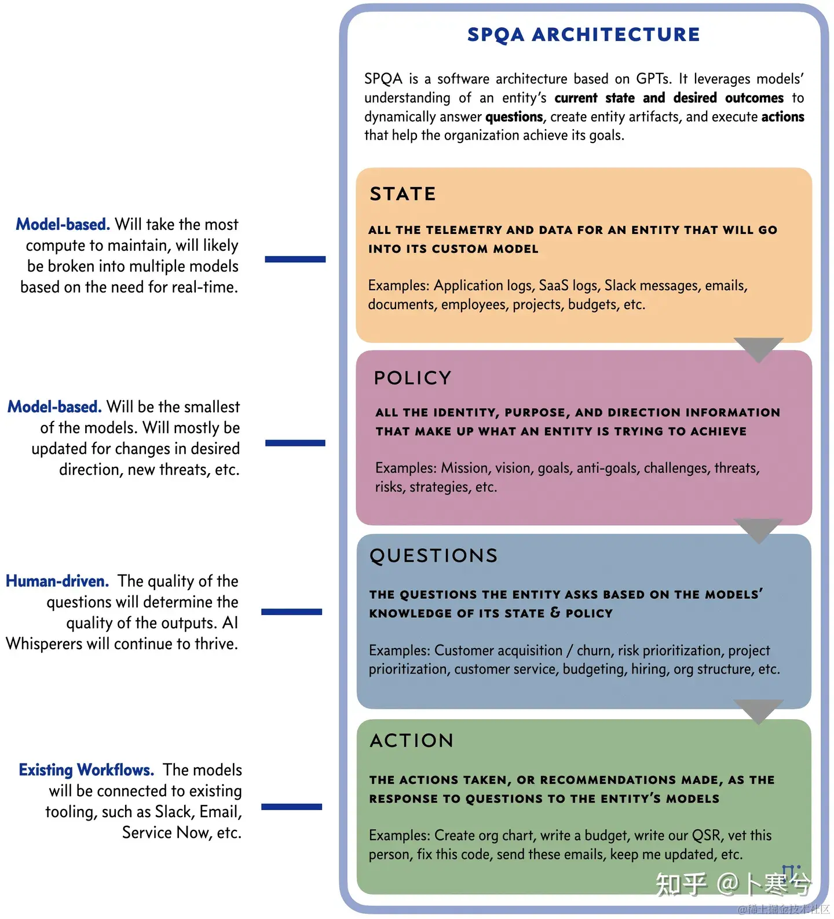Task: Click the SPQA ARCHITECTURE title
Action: pyautogui.click(x=583, y=35)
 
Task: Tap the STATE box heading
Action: pyautogui.click(x=403, y=194)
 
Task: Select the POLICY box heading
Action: pyautogui.click(x=412, y=378)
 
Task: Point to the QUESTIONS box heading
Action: pyautogui.click(x=434, y=556)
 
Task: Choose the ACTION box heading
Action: pyautogui.click(x=412, y=741)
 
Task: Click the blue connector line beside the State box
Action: pyautogui.click(x=295, y=259)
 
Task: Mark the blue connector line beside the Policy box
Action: pyautogui.click(x=295, y=443)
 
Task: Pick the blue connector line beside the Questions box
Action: pyautogui.click(x=291, y=612)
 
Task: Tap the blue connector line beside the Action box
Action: pyautogui.click(x=291, y=807)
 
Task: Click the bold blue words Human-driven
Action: pyautogui.click(x=57, y=581)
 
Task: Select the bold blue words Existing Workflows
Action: pyautogui.click(x=86, y=770)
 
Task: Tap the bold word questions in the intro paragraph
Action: pyautogui.click(x=514, y=117)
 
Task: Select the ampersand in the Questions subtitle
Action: pyautogui.click(x=555, y=613)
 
